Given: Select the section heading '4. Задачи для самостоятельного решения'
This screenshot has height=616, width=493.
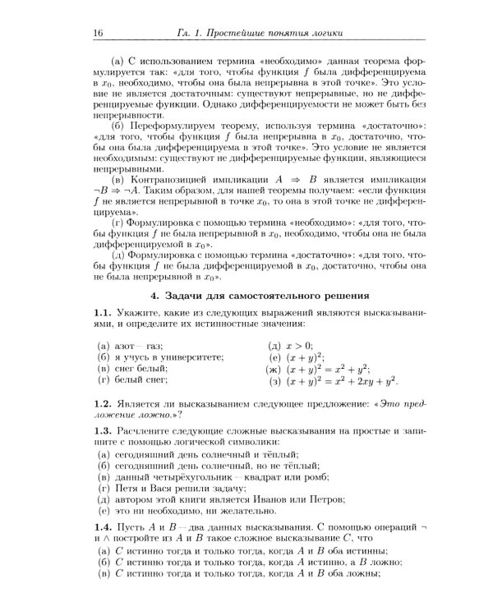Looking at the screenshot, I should click(259, 295).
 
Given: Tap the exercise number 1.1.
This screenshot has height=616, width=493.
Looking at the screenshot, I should click(103, 314).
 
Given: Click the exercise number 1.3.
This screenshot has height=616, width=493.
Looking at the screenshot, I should click(103, 431).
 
